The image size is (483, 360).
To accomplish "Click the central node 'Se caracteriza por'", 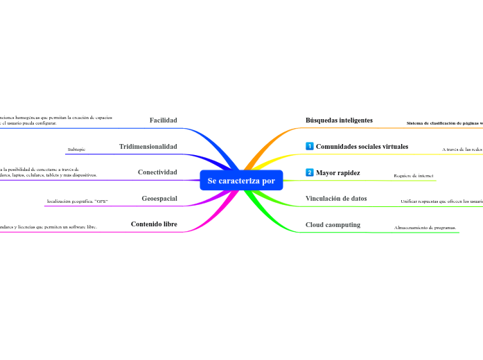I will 241,181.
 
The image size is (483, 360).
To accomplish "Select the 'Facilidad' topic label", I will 164,120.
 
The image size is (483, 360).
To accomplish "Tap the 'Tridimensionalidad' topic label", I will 148,147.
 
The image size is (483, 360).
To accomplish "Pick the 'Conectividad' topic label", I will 157,172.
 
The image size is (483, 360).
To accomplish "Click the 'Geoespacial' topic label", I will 159,199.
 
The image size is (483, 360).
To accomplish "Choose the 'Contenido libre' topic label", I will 154,224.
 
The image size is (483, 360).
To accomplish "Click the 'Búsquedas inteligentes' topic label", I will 339,120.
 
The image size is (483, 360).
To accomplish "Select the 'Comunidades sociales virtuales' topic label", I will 362,147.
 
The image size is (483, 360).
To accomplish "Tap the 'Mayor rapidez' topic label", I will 337,172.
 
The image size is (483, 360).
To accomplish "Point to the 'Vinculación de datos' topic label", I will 336,199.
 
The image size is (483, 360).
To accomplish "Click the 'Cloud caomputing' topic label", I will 333,225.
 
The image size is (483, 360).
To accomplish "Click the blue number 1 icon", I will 310,147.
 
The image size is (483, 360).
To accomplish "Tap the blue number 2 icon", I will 310,172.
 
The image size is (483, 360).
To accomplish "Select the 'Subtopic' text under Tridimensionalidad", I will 77,150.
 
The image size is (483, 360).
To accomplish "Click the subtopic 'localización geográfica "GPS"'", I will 78,201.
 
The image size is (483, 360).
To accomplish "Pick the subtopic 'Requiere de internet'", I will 413,176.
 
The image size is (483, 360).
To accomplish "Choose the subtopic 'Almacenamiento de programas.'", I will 425,228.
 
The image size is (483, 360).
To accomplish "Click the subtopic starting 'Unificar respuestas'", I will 441,201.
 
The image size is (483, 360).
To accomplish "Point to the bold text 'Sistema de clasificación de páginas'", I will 444,124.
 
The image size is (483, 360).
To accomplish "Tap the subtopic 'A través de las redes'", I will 462,150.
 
